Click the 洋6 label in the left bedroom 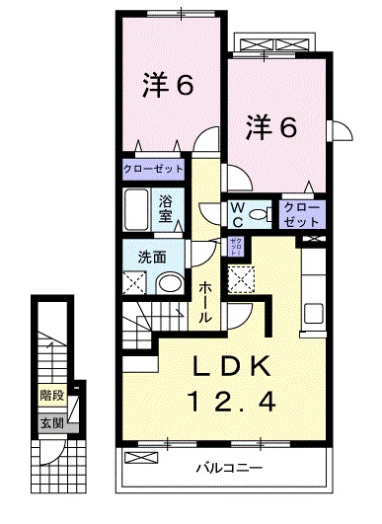coord(167,86)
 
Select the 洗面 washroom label coord(151,258)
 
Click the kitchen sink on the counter coord(315,315)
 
